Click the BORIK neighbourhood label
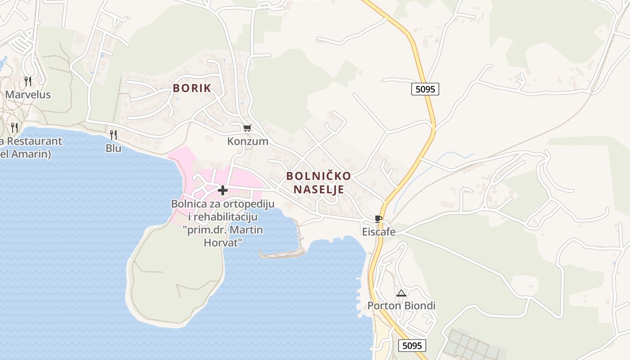[x=192, y=88]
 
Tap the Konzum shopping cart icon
[x=247, y=128]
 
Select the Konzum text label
[x=247, y=141]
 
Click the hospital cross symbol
[x=222, y=191]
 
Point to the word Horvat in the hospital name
[x=223, y=243]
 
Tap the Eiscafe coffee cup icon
[x=378, y=219]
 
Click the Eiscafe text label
[x=379, y=232]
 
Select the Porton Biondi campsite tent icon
[x=401, y=293]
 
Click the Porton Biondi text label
[x=401, y=306]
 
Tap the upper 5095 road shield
[x=425, y=89]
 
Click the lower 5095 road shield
[x=412, y=346]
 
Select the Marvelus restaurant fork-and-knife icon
[x=28, y=81]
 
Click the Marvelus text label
[x=28, y=95]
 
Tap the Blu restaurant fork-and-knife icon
[x=113, y=135]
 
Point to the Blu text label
[x=113, y=148]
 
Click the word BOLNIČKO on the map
[x=319, y=175]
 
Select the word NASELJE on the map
[x=319, y=189]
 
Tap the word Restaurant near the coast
[x=34, y=141]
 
